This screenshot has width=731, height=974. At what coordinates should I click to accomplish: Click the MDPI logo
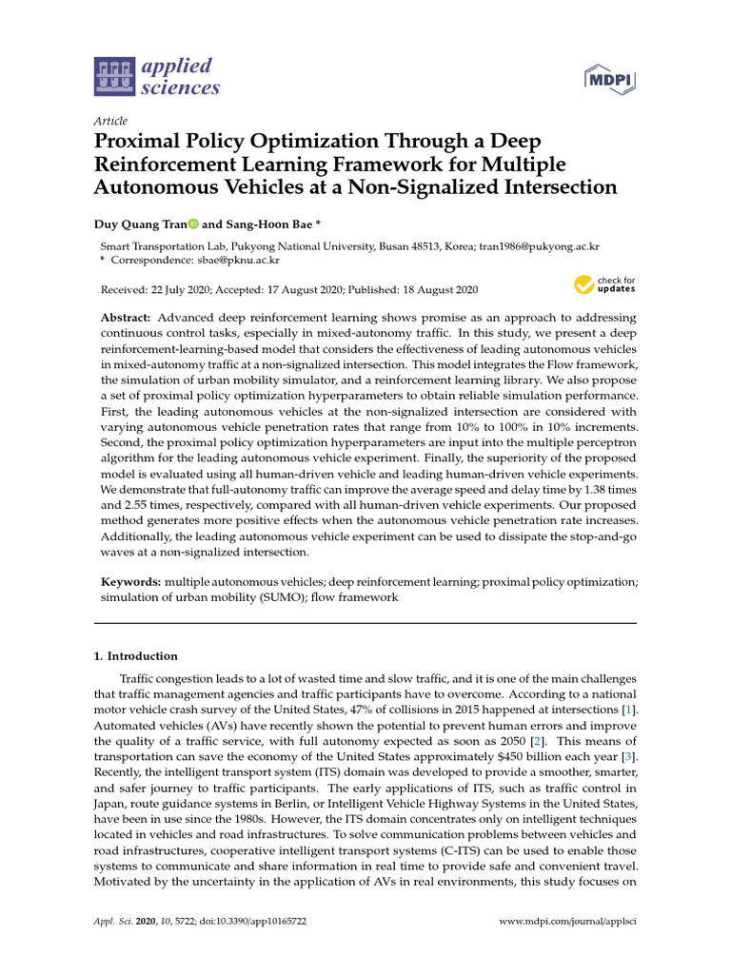(x=609, y=81)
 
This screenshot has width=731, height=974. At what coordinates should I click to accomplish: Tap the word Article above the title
(x=110, y=121)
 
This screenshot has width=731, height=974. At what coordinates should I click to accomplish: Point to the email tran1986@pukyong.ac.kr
(x=541, y=245)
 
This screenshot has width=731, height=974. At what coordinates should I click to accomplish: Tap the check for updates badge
(x=603, y=284)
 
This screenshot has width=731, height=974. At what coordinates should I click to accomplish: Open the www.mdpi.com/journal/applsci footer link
(x=568, y=924)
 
